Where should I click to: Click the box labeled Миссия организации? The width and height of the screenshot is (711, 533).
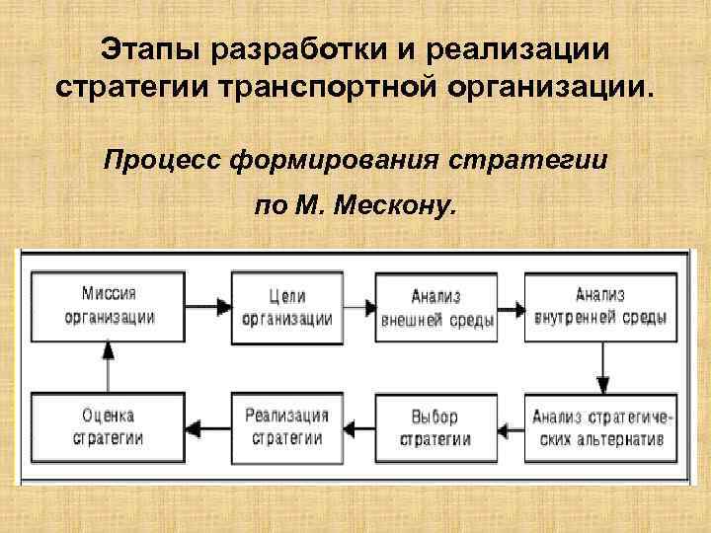(x=109, y=305)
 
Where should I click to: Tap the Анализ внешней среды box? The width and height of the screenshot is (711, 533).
(x=435, y=306)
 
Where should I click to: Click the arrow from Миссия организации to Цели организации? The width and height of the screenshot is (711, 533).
(x=208, y=305)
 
